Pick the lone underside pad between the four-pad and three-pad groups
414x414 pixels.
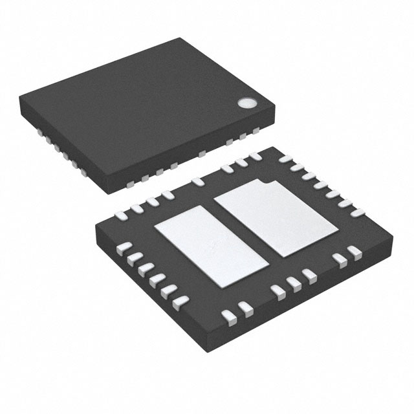[197, 182]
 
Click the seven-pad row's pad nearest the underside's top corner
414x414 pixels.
[285, 158]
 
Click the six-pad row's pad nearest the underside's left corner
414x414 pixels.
[125, 246]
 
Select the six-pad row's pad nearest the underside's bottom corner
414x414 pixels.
[181, 301]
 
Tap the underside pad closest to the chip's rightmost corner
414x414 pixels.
[354, 251]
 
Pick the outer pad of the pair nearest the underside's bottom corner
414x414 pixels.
[228, 315]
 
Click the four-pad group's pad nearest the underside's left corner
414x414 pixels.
[121, 211]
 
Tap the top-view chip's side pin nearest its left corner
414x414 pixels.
[39, 131]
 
